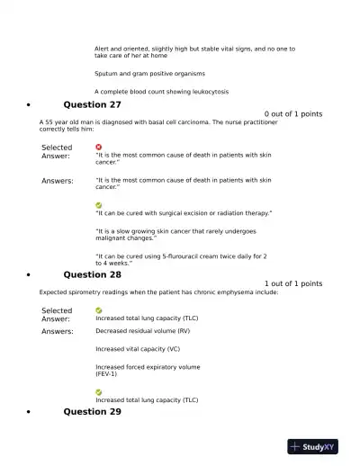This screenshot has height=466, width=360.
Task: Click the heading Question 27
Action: [92, 104]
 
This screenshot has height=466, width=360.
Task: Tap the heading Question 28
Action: [92, 274]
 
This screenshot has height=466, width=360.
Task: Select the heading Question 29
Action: [92, 411]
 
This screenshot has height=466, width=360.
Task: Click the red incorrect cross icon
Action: [99, 147]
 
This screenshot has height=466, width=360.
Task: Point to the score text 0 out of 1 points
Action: [293, 114]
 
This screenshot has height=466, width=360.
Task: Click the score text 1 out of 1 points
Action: [293, 284]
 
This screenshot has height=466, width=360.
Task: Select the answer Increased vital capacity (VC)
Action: [138, 348]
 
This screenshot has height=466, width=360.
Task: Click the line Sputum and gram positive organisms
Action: [149, 74]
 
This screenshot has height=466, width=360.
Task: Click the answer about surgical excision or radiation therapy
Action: [184, 213]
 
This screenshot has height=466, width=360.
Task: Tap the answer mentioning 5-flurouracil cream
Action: [180, 259]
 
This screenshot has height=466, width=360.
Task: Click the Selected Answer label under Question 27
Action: [57, 151]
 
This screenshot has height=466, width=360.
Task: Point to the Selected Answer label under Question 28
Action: [57, 314]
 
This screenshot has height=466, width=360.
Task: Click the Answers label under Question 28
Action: [58, 331]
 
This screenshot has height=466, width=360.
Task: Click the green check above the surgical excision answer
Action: [99, 205]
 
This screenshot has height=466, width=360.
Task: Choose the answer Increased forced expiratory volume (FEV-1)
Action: [148, 370]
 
